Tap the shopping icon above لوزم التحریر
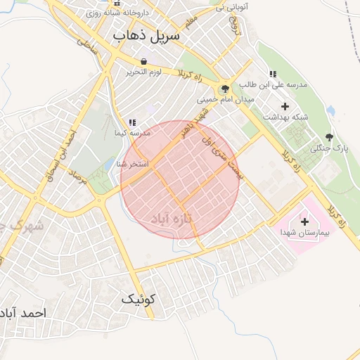(x=143, y=61)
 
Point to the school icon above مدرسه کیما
(x=132, y=122)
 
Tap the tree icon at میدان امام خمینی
(x=225, y=89)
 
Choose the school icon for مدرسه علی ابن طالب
(x=273, y=74)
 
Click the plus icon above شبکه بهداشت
(x=284, y=105)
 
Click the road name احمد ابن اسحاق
(x=69, y=144)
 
